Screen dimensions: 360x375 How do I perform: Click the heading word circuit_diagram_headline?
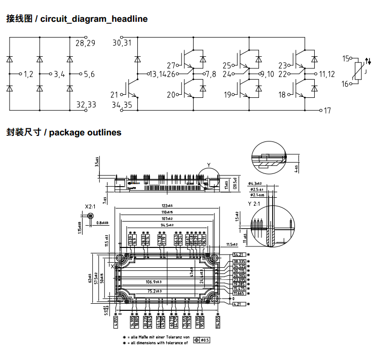pyautogui.click(x=94, y=19)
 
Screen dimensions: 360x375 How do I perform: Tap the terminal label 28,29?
pyautogui.click(x=85, y=44)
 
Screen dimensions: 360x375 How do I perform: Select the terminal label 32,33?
pyautogui.click(x=86, y=104)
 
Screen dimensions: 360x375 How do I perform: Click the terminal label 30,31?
pyautogui.click(x=122, y=44)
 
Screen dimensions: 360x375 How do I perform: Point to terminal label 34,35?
pyautogui.click(x=122, y=105)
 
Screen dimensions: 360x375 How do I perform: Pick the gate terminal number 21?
pyautogui.click(x=115, y=94)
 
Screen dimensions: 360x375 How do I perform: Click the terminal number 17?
pyautogui.click(x=327, y=110)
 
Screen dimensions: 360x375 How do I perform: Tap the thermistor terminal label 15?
pyautogui.click(x=346, y=59)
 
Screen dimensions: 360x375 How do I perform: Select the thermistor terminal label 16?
pyautogui.click(x=346, y=84)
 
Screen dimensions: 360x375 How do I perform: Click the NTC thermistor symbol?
pyautogui.click(x=361, y=71)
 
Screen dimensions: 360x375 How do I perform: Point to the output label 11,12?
pyautogui.click(x=327, y=74)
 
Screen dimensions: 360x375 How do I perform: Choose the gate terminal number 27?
pyautogui.click(x=171, y=65)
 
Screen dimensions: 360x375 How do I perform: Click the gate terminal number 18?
pyautogui.click(x=282, y=95)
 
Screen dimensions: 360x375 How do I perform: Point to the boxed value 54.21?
pyautogui.click(x=239, y=255)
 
